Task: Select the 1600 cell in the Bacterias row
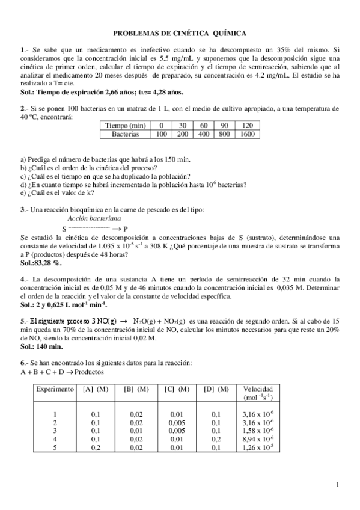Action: coord(247,135)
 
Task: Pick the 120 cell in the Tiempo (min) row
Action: coord(247,125)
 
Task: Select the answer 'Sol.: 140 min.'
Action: coord(41,347)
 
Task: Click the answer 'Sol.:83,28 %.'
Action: coord(41,263)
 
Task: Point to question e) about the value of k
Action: coord(57,193)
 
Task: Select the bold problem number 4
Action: coord(22,280)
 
